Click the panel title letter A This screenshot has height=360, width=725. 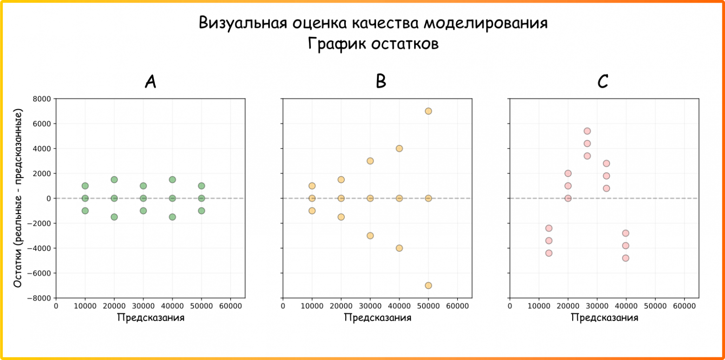150,82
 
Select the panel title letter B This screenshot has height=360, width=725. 381,82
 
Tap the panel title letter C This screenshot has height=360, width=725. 603,82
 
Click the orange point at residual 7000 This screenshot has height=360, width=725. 428,111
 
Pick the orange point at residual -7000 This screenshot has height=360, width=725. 428,285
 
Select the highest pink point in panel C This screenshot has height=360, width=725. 587,131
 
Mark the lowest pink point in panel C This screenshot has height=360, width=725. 626,258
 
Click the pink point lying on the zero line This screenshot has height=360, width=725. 567,198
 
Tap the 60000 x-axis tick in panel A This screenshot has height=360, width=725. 231,306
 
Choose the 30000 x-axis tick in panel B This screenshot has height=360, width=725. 370,306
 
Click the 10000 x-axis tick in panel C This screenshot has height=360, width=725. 539,306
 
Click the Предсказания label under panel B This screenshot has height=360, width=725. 377,318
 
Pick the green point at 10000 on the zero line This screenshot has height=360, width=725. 85,198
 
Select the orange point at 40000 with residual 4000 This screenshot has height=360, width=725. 399,149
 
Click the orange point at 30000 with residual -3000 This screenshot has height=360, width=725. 370,236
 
